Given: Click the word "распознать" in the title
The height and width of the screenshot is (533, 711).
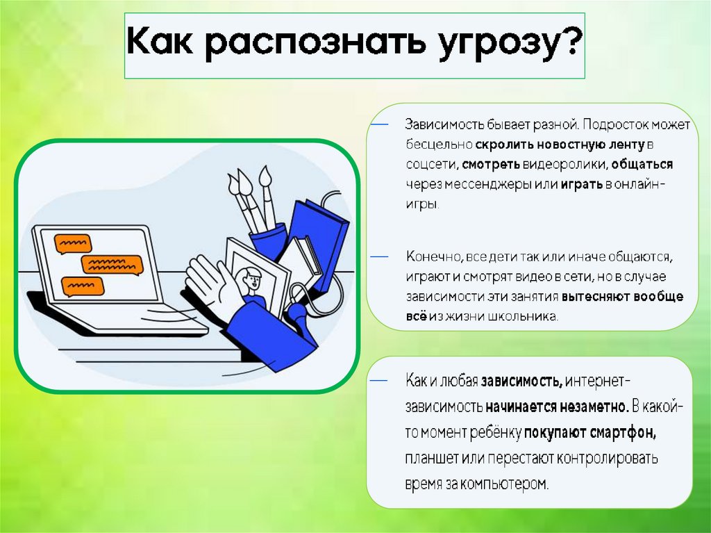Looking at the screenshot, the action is coord(315,43).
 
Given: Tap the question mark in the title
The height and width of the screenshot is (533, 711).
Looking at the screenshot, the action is coord(569,40).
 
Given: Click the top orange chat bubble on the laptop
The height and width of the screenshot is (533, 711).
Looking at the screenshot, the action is coord(72,243).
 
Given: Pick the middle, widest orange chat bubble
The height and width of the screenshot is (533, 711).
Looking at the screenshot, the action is coord(112,265).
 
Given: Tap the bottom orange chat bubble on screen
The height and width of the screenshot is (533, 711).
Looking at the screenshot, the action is coord(83,286).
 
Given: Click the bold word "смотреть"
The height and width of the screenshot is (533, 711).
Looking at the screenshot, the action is coord(490,165).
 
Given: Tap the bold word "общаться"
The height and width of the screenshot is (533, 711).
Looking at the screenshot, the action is coord(642,165).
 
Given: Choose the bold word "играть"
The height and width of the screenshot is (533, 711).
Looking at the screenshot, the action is coord(582,184).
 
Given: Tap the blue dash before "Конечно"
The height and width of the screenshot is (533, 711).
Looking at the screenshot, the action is coord(380,256).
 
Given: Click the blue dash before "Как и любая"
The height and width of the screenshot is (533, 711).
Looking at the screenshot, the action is coord(380,380).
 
